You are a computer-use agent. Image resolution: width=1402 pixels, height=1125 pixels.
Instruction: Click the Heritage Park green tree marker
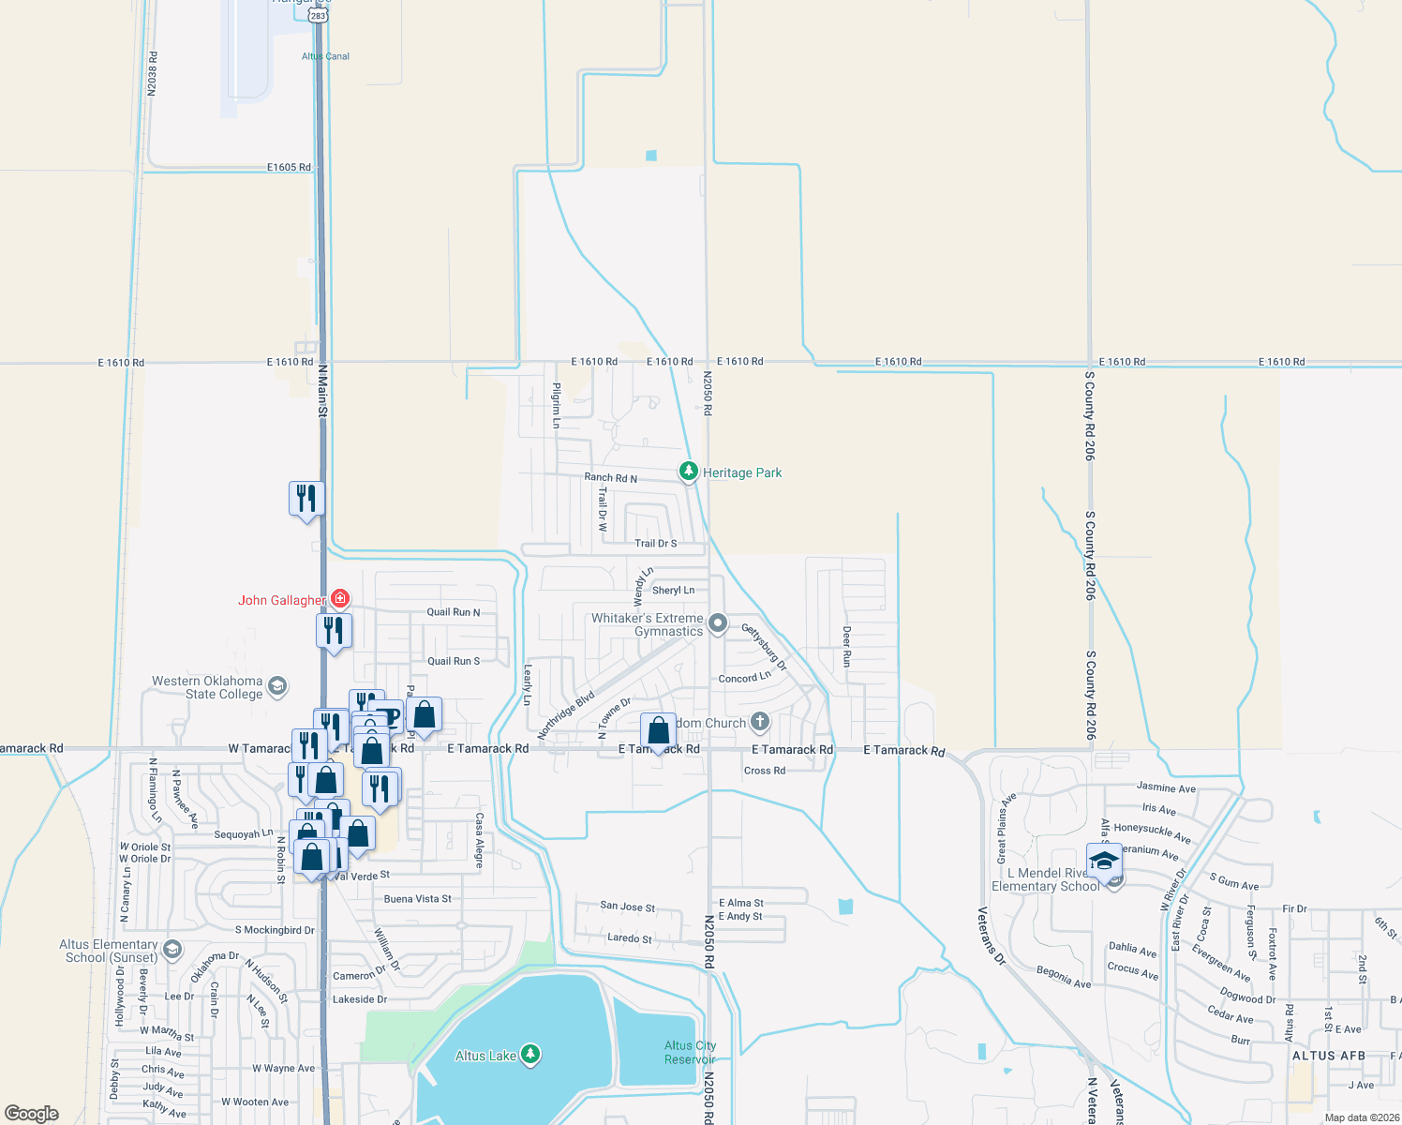tap(689, 471)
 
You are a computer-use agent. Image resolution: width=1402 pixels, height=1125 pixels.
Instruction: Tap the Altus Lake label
tap(485, 1056)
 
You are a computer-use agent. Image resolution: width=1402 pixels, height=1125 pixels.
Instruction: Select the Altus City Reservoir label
tap(690, 1052)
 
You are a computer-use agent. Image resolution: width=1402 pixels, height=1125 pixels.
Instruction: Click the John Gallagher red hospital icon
tap(340, 598)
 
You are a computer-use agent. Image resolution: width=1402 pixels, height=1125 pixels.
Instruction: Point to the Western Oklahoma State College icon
tap(276, 686)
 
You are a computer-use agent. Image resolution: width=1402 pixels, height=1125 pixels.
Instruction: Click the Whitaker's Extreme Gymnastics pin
tap(718, 622)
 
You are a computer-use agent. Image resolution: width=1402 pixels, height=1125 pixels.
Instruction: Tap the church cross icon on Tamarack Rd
tap(760, 722)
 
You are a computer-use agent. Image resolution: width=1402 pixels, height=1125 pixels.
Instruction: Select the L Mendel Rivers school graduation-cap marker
tap(1105, 860)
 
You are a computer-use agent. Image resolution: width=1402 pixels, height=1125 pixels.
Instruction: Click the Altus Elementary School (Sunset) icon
tap(172, 950)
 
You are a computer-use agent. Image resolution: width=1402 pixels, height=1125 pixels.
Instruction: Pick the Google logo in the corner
tap(32, 1114)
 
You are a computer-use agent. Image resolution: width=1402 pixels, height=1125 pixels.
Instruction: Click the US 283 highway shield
tap(319, 14)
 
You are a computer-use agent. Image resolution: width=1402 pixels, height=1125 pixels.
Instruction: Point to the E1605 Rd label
tap(289, 167)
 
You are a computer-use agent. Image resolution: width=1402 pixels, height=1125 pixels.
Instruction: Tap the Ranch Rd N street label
tap(610, 478)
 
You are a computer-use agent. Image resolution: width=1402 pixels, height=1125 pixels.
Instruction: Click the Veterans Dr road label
tap(991, 937)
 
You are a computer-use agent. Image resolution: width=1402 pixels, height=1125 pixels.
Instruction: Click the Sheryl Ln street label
tap(673, 591)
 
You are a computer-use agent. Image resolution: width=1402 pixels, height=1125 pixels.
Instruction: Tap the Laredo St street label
tap(629, 937)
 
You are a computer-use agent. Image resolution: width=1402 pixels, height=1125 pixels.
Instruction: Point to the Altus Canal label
tap(325, 56)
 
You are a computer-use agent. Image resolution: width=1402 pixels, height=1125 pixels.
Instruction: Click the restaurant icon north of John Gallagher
tap(306, 498)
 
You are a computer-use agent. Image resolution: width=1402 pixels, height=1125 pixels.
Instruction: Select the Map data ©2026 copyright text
tap(1362, 1117)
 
